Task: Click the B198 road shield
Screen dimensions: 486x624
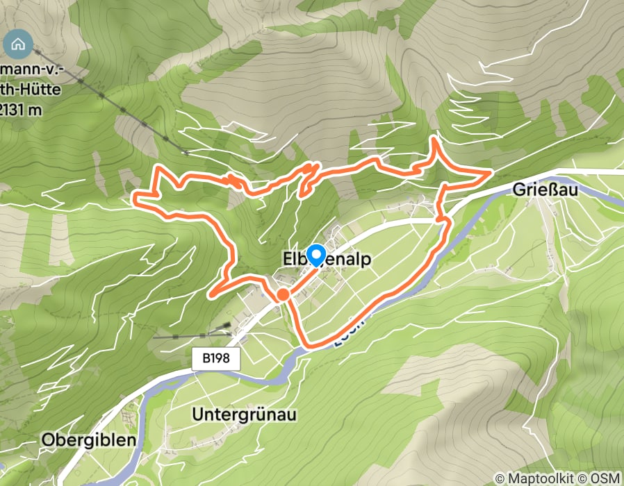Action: [x=216, y=359]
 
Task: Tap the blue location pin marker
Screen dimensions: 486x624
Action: [x=316, y=255]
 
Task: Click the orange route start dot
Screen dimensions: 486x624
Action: [x=282, y=295]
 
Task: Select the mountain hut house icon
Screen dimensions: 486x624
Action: [x=18, y=44]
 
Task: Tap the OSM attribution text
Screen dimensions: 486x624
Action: [x=601, y=478]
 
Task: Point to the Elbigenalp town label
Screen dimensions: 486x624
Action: [x=326, y=259]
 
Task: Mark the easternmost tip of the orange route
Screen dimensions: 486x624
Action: [x=491, y=170]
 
